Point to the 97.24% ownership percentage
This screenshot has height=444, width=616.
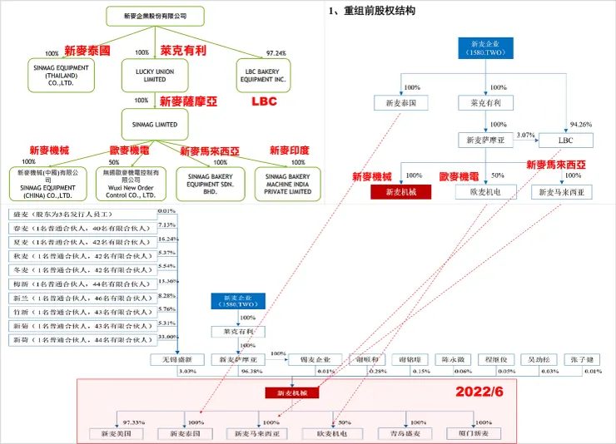tap(276, 53)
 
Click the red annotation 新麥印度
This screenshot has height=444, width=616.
tap(289, 150)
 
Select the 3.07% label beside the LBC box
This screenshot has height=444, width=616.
tap(525, 135)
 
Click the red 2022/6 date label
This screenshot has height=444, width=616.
tap(479, 391)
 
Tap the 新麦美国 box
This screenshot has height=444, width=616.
tap(117, 433)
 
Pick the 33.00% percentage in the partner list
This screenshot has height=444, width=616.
tap(166, 337)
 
